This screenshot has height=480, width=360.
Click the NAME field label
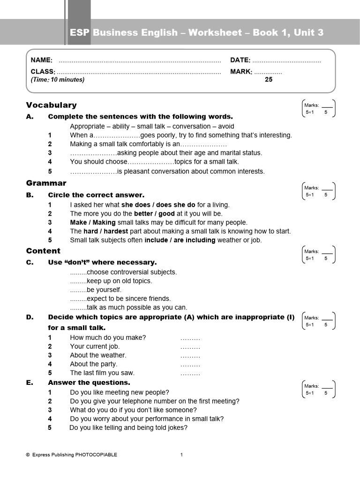pos(41,60)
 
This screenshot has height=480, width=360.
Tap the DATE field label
pos(240,60)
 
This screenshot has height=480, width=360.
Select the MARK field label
pos(241,72)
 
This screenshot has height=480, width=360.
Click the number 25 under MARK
pos(269,80)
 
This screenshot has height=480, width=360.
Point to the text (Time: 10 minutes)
pos(58,80)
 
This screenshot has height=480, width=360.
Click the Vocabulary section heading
pos(52,105)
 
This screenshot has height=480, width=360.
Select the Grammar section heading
pos(46,183)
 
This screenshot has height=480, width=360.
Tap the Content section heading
pos(43,251)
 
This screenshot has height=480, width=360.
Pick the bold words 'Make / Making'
pos(92,223)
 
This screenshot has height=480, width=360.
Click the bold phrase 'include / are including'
pos(180,240)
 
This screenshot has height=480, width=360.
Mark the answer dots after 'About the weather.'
pos(190,356)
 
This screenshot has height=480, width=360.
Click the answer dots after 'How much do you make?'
pos(190,338)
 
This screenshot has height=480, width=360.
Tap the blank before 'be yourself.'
pos(78,290)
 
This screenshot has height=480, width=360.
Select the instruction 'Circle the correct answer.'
pos(96,195)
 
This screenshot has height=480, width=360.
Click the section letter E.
pos(30,382)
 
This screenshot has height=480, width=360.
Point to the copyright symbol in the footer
pos(28,455)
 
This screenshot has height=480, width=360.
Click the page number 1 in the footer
pos(182,455)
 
